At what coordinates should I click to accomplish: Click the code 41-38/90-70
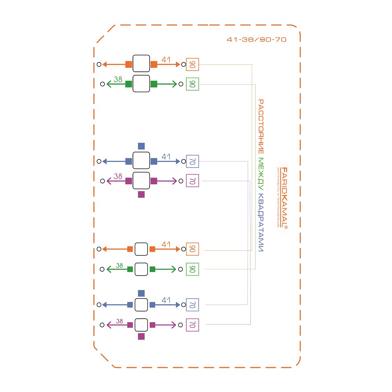tap(257, 40)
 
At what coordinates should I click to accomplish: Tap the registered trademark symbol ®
tap(286, 227)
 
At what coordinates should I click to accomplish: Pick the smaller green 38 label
tap(120, 265)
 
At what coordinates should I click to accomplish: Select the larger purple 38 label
tap(118, 177)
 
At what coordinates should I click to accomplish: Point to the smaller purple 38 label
tap(120, 321)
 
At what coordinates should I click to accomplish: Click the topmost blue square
tap(142, 146)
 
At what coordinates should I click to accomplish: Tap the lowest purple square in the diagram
tap(142, 336)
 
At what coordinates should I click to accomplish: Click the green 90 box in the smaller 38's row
tap(192, 269)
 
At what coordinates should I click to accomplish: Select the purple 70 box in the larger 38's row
tap(192, 181)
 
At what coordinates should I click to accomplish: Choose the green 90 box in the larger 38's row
tap(192, 84)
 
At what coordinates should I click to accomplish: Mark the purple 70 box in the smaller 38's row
tap(192, 325)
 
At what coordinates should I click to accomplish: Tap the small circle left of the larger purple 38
tap(102, 181)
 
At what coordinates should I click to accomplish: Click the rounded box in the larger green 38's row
tap(142, 84)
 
